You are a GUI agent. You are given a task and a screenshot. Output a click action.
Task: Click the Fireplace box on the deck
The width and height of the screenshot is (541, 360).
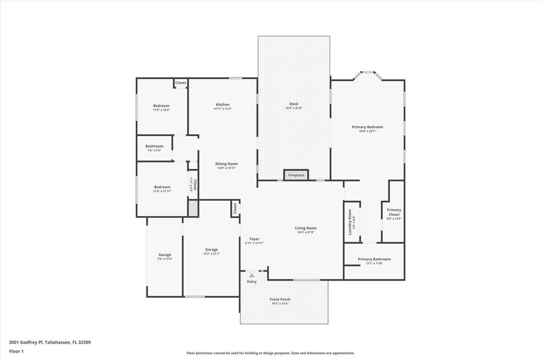click(296, 175)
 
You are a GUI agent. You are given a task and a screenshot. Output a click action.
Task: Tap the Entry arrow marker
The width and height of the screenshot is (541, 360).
click(252, 275)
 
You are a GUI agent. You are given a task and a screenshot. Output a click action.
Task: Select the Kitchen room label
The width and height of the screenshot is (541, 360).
click(222, 104)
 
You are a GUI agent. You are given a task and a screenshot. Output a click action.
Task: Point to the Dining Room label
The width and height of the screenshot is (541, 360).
click(226, 164)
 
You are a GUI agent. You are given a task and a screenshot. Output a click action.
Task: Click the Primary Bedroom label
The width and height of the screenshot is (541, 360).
click(367, 127)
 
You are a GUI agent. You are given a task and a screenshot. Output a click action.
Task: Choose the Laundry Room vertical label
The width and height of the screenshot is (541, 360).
click(350, 222)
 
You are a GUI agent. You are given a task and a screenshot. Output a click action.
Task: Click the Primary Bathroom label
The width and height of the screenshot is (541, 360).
click(374, 259)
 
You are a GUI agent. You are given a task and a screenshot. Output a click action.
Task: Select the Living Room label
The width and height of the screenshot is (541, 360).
click(305, 228)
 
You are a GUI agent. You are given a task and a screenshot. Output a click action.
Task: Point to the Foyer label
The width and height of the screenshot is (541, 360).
click(254, 239)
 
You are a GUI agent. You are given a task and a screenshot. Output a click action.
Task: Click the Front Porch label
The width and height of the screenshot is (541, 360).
click(280, 299)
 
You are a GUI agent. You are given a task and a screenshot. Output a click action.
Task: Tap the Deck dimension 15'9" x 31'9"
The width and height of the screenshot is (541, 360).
click(294, 108)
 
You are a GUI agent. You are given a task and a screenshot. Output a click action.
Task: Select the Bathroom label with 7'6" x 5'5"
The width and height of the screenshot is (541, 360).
click(154, 146)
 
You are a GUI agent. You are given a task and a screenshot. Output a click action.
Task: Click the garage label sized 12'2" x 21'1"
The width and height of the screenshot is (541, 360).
click(211, 250)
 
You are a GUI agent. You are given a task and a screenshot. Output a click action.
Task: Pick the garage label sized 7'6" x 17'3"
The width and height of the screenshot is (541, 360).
click(165, 255)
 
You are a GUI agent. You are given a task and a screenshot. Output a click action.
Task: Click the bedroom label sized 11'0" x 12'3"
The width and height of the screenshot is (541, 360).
click(161, 106)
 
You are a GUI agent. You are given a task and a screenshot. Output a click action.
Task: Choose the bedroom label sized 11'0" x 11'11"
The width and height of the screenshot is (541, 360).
click(162, 187)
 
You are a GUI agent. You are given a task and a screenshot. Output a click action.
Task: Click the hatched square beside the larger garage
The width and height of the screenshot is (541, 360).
click(193, 208)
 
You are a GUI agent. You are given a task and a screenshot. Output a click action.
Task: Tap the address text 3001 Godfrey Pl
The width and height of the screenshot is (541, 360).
click(50, 342)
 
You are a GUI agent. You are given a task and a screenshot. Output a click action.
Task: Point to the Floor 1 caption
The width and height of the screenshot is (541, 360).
click(16, 350)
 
